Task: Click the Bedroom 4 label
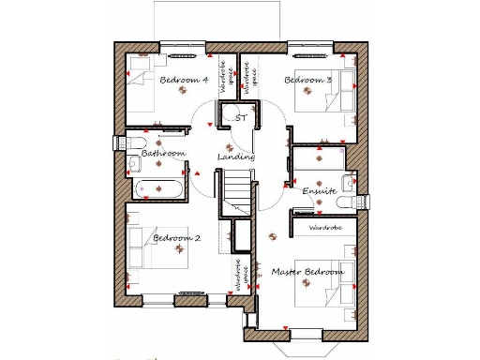coord(184,81)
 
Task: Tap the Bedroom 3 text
coord(307,81)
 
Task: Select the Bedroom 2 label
coord(177,238)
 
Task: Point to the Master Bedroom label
coord(307,272)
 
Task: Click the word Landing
coord(236,157)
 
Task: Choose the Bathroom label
coord(163,153)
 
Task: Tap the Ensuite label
coord(319,191)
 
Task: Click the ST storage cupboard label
coord(241,119)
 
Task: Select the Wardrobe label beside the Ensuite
coord(324,228)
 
